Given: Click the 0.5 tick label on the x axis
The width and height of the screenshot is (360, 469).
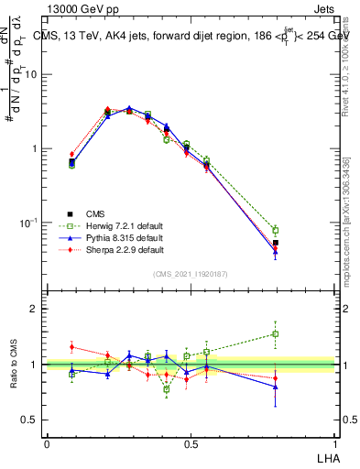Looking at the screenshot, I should coord(190,444).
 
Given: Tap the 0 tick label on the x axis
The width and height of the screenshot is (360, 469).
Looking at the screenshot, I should coord(47,444).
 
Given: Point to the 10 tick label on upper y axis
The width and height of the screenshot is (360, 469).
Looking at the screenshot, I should coord(30,74).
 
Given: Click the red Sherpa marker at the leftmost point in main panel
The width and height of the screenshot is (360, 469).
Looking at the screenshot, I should coord(72,154).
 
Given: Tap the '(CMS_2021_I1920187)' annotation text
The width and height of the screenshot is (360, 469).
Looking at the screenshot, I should coord(190,274).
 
